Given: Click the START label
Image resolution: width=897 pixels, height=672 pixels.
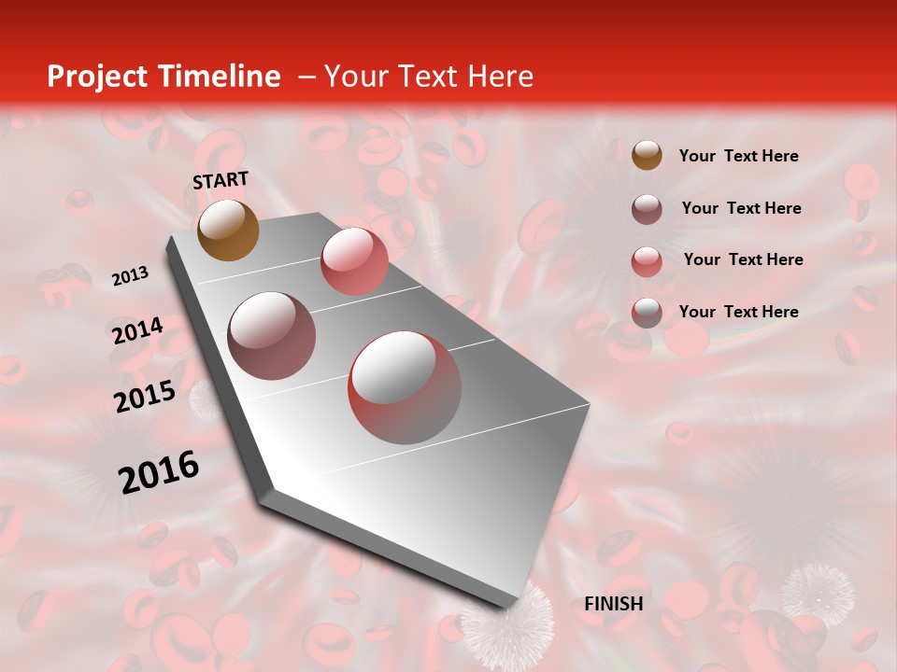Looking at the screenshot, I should pyautogui.click(x=221, y=179).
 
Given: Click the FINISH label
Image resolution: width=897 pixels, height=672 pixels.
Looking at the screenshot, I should pyautogui.click(x=614, y=604).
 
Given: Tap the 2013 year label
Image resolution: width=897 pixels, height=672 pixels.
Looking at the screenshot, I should pyautogui.click(x=130, y=276).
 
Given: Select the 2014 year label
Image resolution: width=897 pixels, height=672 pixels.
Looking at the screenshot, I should pyautogui.click(x=137, y=331).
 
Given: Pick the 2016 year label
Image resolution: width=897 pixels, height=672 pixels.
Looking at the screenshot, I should pyautogui.click(x=159, y=471).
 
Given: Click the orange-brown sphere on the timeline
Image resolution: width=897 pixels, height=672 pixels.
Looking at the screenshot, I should pyautogui.click(x=229, y=230).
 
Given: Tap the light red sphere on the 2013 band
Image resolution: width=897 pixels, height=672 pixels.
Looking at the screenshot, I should pyautogui.click(x=354, y=260).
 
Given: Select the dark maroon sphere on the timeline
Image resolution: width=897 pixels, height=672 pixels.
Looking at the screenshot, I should pyautogui.click(x=272, y=335).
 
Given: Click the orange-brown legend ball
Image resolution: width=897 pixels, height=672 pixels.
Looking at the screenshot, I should pyautogui.click(x=647, y=156).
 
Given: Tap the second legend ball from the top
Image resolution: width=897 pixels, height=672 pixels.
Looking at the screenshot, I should pyautogui.click(x=647, y=209).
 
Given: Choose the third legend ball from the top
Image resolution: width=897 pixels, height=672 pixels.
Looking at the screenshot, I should pyautogui.click(x=647, y=260).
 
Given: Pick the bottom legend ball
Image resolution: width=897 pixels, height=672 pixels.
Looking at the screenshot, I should pyautogui.click(x=647, y=313).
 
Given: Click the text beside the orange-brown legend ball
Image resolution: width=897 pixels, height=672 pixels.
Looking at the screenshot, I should pyautogui.click(x=738, y=156).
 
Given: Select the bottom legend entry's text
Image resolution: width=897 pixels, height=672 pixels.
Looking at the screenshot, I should pyautogui.click(x=738, y=312).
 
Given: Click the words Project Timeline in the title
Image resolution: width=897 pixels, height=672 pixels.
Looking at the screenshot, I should pyautogui.click(x=164, y=77).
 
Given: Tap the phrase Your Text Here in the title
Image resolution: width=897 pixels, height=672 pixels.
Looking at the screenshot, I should pyautogui.click(x=428, y=77).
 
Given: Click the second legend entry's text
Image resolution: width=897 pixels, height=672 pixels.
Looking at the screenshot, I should pyautogui.click(x=741, y=208).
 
